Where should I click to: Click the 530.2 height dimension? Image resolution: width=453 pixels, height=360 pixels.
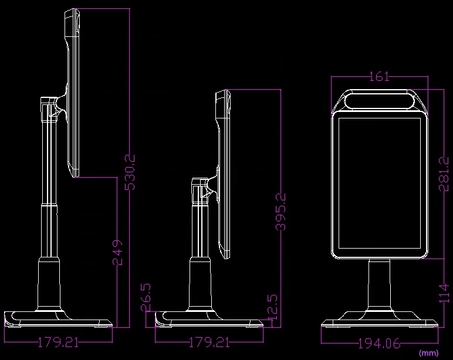[130, 172]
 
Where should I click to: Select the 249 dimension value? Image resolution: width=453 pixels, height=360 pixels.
[117, 252]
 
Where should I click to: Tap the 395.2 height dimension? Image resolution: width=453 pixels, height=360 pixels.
[280, 212]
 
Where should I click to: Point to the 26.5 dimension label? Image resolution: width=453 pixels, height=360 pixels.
[146, 297]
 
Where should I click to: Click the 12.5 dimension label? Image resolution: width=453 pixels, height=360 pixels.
[272, 307]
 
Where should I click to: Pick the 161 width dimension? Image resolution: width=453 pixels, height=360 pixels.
[379, 77]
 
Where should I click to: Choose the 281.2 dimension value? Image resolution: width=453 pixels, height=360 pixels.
[444, 174]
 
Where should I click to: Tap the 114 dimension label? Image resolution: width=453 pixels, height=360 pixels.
[444, 293]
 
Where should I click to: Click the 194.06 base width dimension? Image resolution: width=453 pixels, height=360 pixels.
[379, 344]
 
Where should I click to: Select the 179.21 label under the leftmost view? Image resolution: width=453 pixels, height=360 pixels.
[58, 342]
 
